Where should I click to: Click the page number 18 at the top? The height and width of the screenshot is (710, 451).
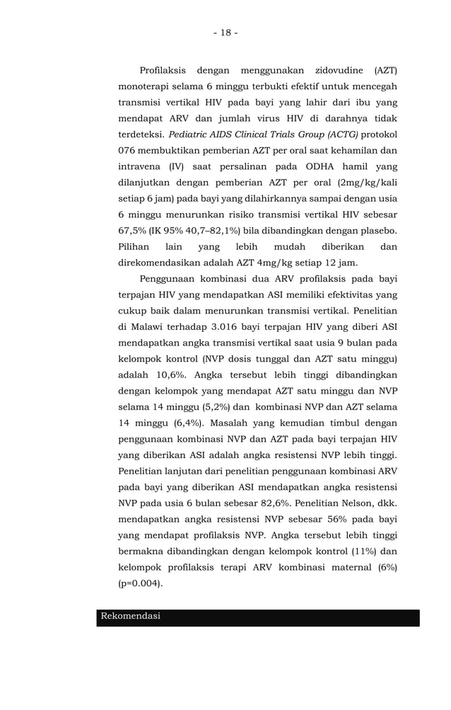pos(225,33)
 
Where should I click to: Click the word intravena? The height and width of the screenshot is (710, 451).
pos(139,166)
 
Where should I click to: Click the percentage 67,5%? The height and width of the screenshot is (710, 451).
pos(131,231)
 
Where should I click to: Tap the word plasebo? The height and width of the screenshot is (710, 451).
pos(376,231)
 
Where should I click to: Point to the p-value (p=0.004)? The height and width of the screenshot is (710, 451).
pos(140,584)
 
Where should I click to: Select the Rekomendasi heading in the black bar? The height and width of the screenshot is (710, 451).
pos(131,616)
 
